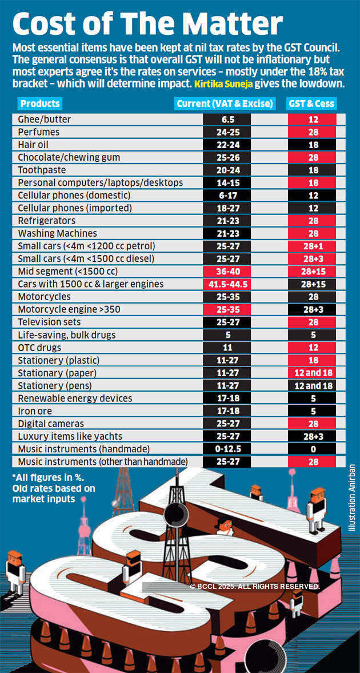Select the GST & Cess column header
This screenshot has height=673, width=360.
[311, 103]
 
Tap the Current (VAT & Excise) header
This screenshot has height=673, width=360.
[225, 103]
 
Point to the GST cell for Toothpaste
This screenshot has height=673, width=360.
[313, 170]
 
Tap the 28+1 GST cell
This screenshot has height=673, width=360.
[313, 246]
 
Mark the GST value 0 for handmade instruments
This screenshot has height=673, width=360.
[313, 449]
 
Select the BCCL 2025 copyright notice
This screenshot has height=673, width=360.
[254, 586]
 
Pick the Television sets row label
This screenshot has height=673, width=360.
[49, 322]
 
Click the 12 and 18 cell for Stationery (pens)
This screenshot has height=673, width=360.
[313, 386]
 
